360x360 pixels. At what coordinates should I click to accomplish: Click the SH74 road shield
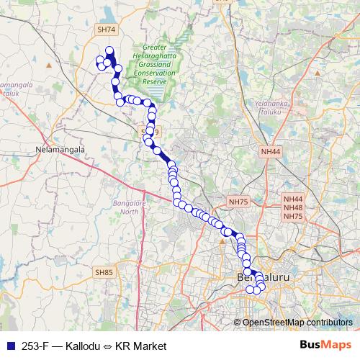click(x=105, y=30)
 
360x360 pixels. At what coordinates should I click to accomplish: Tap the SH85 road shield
click(x=104, y=272)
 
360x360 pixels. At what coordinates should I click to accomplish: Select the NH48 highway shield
click(x=293, y=207)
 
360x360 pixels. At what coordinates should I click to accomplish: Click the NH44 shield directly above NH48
click(x=293, y=199)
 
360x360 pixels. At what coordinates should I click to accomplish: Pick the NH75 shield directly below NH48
click(x=293, y=216)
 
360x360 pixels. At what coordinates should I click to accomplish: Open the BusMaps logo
click(x=326, y=345)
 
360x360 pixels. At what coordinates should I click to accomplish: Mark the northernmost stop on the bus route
click(x=109, y=50)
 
